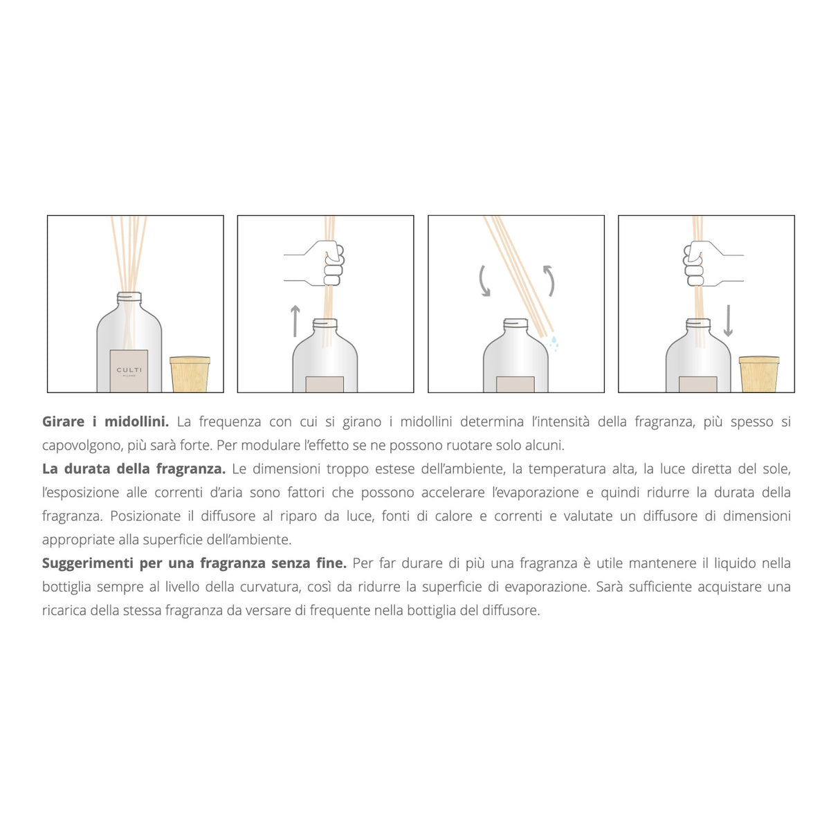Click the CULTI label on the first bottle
click(x=129, y=370)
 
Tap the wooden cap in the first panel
click(x=190, y=374)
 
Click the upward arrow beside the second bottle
click(x=295, y=320)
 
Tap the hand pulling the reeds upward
click(x=325, y=262)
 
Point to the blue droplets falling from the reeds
click(x=554, y=343)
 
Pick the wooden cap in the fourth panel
click(x=759, y=374)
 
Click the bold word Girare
click(x=63, y=421)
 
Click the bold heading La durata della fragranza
click(x=134, y=468)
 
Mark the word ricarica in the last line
click(x=64, y=610)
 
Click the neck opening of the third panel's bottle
click(x=515, y=323)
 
